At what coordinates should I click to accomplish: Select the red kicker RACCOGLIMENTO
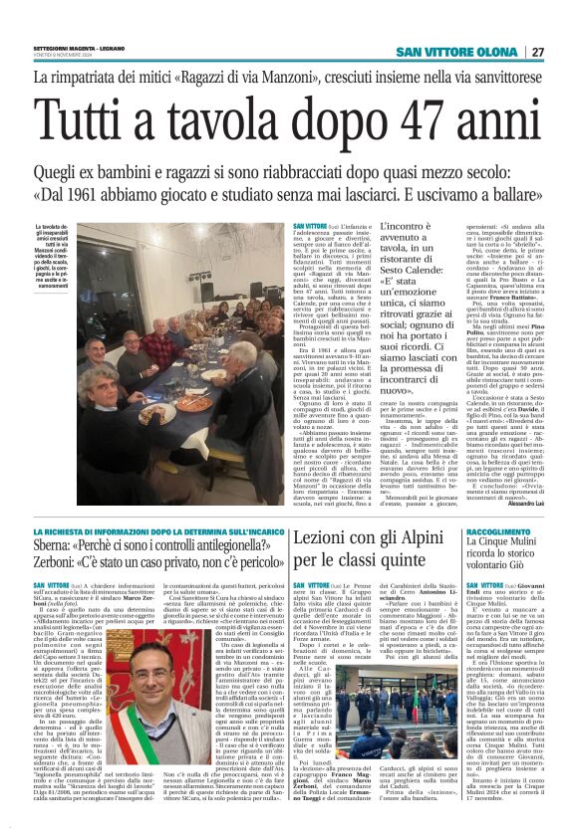pyautogui.click(x=498, y=532)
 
